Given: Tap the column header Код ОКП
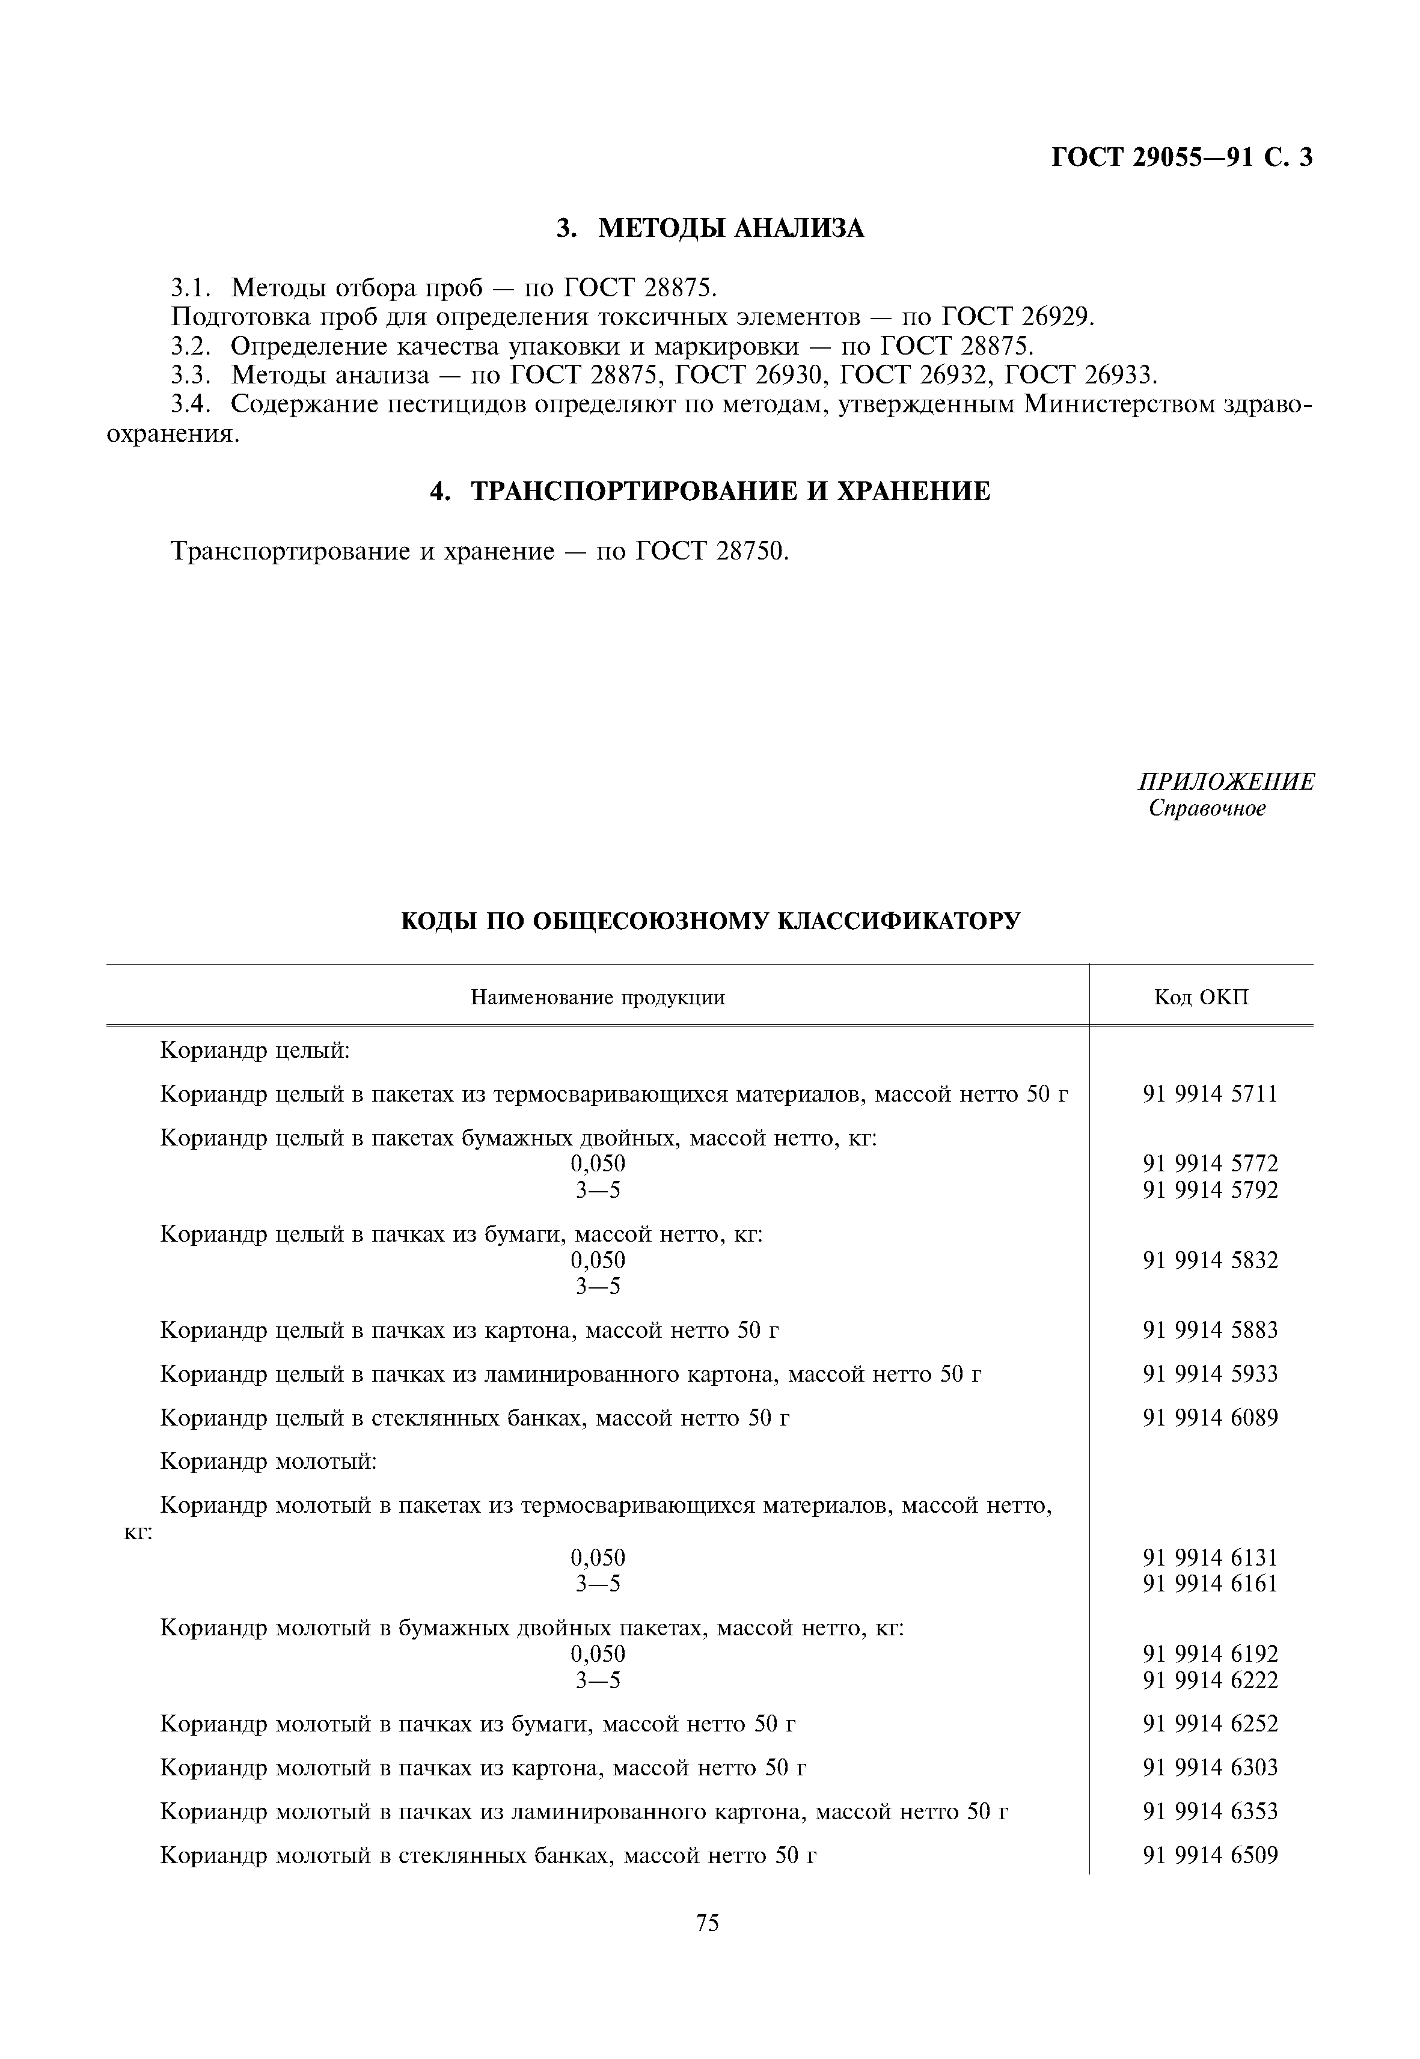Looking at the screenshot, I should pos(1201,997).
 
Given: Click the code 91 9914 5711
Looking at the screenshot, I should pos(1210,1094).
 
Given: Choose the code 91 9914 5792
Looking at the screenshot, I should pos(1210,1190).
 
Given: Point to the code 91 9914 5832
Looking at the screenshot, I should pos(1210,1260).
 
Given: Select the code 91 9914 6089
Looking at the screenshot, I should pos(1210,1418).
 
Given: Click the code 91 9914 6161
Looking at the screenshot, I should pos(1210,1583).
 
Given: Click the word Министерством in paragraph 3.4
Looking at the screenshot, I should pos(1119,404).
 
